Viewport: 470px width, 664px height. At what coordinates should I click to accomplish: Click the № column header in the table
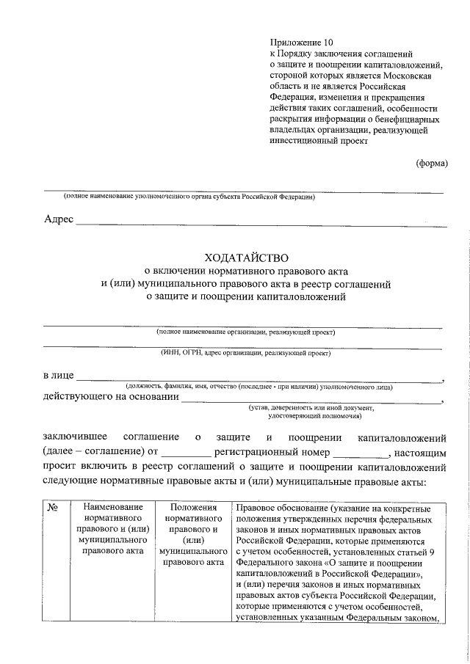(x=53, y=508)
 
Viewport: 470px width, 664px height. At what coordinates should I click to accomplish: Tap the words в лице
(x=58, y=376)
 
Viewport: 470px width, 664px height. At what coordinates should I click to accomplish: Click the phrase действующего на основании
(x=111, y=398)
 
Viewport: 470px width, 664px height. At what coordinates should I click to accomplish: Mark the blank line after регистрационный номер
(x=363, y=453)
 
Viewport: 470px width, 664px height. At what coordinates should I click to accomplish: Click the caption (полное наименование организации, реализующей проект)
(x=245, y=332)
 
